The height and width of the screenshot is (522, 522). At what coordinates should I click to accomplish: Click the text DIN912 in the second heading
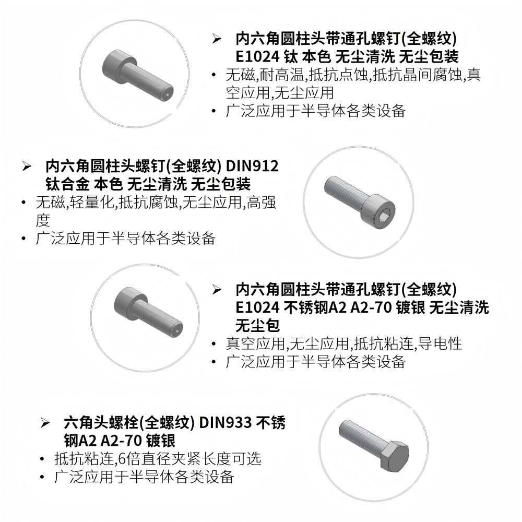tap(252, 166)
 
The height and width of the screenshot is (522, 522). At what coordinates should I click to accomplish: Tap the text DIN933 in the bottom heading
tap(225, 422)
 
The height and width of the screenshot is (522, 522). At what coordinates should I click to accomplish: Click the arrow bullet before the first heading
tap(217, 39)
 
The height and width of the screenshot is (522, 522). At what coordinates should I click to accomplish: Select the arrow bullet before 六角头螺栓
tap(45, 423)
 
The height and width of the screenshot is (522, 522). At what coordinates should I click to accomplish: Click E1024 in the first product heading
tap(257, 56)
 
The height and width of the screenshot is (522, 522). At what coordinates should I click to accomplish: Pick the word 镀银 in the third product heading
tap(410, 307)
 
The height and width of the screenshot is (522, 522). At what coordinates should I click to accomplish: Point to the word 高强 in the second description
tap(262, 202)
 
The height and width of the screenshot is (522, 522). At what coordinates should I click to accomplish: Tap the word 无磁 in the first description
tap(240, 75)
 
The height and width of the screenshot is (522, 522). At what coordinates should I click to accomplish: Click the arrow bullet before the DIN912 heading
tap(27, 166)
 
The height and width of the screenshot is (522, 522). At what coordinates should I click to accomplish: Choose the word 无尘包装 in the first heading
tap(429, 56)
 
